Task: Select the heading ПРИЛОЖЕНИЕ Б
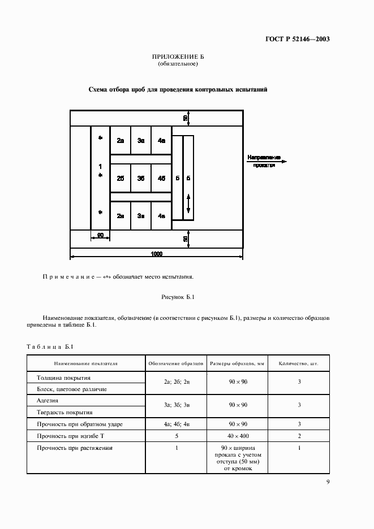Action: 178,57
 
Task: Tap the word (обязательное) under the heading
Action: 178,64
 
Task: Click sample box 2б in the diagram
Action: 120,178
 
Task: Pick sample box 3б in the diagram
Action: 141,178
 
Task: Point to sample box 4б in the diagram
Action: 162,178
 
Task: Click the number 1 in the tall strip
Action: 100,167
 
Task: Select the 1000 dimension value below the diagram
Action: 157,254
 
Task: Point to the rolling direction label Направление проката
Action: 264,161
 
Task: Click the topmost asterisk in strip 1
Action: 100,138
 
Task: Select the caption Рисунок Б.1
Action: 178,297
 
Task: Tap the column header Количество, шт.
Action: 299,364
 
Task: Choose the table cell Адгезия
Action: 48,400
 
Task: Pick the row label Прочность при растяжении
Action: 75,448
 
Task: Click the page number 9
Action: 328,482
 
